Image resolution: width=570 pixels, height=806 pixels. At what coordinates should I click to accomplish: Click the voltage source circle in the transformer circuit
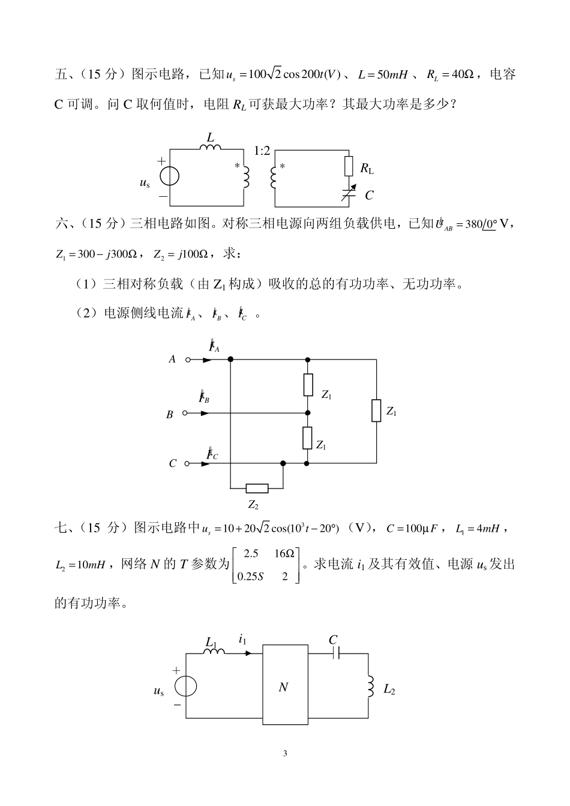click(x=170, y=175)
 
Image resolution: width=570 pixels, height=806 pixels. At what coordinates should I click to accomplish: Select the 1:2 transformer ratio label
click(x=262, y=151)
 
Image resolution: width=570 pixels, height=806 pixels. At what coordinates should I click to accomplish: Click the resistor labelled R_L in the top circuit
click(x=349, y=166)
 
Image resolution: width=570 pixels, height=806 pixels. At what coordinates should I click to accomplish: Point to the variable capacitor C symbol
click(x=349, y=193)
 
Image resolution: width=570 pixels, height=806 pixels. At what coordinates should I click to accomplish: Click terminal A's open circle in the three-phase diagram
click(x=188, y=360)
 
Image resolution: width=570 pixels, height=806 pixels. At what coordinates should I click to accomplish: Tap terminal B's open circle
click(x=185, y=413)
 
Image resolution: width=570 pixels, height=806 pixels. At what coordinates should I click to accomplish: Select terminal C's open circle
click(x=187, y=463)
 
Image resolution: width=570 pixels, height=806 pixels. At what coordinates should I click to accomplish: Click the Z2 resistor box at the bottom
click(x=257, y=488)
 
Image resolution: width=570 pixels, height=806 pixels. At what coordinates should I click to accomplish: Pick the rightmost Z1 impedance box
click(x=376, y=411)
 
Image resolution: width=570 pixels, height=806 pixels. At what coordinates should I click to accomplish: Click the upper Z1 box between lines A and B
click(x=308, y=385)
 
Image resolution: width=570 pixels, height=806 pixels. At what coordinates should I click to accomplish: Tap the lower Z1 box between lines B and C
click(x=308, y=438)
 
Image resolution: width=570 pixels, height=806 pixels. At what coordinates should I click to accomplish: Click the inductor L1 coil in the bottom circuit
click(x=214, y=651)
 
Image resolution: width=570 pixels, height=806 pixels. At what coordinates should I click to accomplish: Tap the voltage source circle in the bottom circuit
click(x=185, y=686)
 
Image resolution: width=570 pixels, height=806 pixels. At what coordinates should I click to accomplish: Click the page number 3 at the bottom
click(x=285, y=754)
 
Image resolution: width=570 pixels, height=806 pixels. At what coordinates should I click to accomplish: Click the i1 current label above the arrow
click(x=242, y=640)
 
